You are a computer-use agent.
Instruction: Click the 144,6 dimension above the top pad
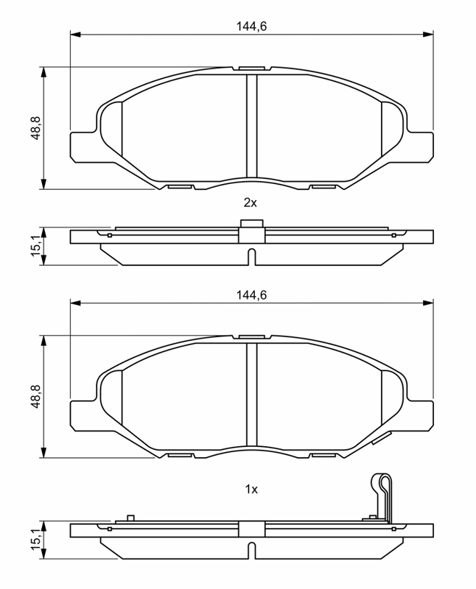point(251,27)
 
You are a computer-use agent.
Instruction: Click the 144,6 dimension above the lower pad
point(251,295)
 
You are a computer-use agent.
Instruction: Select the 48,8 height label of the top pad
point(35,128)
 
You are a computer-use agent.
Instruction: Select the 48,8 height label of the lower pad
point(35,397)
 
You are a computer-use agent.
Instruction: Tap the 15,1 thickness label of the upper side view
point(36,246)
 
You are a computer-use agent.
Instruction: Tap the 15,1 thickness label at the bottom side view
point(36,540)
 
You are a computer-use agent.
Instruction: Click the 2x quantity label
point(251,203)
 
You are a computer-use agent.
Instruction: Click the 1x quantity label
point(251,490)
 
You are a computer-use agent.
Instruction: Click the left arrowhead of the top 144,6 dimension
point(76,35)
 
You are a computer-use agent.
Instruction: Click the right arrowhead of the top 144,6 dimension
point(428,35)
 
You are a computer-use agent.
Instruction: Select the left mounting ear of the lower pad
point(83,416)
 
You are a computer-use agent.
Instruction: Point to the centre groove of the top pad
point(251,126)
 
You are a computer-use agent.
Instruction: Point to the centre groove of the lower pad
point(251,395)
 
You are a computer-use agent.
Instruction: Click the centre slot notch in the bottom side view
point(252,550)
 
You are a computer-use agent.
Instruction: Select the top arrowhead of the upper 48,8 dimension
point(44,73)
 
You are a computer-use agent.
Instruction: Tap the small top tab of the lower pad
point(251,337)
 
